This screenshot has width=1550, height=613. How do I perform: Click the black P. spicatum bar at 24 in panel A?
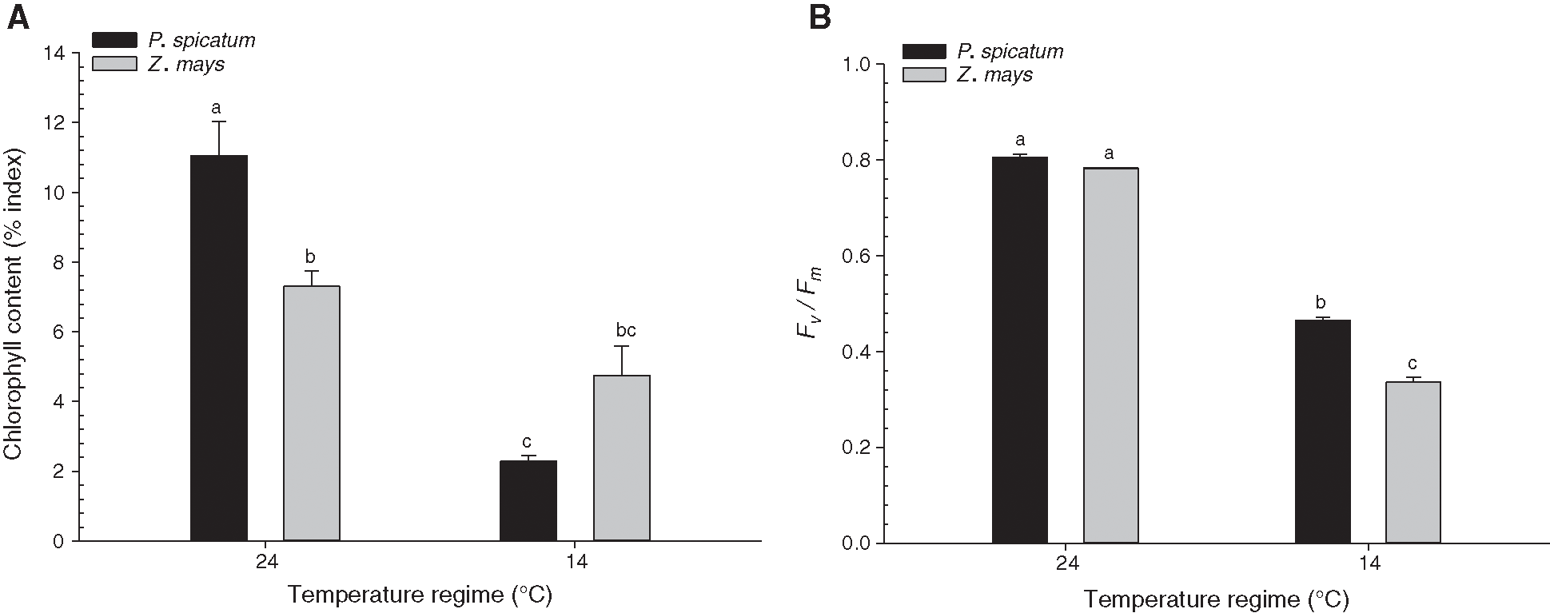pos(219,348)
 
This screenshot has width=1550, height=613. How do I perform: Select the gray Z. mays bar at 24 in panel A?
pos(312,412)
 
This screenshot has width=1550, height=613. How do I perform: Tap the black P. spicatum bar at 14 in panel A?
pos(528,500)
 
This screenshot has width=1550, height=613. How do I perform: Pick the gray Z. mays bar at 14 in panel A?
pos(622,457)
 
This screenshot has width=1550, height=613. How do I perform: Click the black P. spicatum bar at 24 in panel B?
pos(1020,349)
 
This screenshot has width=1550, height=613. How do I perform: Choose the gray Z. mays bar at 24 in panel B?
pos(1111,355)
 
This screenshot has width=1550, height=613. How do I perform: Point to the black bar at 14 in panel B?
pos(1323,431)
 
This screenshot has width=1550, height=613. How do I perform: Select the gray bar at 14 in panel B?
pos(1413,462)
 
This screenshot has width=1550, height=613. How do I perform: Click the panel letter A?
pos(18,18)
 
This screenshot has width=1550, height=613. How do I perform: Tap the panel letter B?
pos(820,18)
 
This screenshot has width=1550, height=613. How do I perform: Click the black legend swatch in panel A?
pos(117,40)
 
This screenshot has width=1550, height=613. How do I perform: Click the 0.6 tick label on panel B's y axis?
pos(858,256)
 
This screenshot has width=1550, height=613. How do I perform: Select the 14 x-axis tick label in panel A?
pos(576,563)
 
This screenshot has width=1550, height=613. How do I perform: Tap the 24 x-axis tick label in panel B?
pos(1066,564)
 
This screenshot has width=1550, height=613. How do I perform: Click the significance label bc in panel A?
pos(625,330)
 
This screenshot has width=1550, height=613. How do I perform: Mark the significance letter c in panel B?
pos(1413,364)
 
